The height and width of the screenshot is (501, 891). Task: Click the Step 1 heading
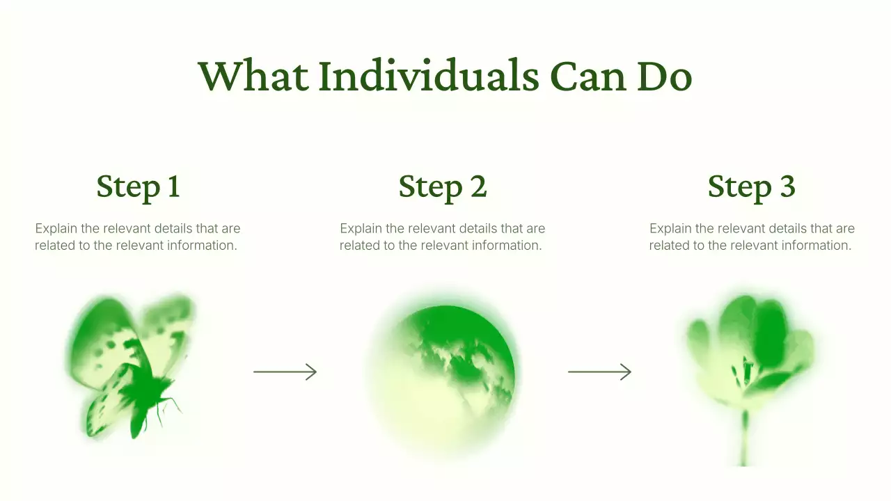(x=138, y=186)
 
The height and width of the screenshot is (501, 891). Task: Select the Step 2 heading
(x=442, y=186)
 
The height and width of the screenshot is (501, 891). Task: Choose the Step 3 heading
(x=751, y=186)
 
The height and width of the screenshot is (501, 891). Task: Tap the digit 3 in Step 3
(x=787, y=186)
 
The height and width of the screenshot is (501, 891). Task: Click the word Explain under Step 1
(x=57, y=228)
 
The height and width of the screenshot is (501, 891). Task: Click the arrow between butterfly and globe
(x=285, y=372)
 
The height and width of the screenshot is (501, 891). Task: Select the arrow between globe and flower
(x=599, y=372)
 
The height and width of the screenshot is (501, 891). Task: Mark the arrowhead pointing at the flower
(x=626, y=372)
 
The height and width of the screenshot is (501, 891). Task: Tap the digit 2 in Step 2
(x=478, y=186)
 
